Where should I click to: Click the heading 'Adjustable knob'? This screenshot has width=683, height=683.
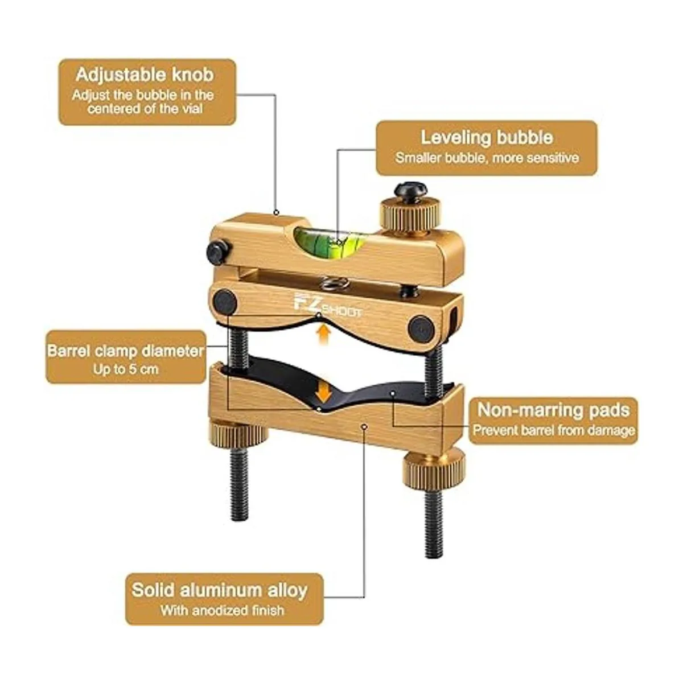145,75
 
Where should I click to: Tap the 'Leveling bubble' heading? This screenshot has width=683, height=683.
487,137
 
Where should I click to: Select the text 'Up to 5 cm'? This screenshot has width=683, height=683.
125,369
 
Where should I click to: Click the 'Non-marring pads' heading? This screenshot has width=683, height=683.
553,410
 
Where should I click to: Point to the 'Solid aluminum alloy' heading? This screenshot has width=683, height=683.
219,590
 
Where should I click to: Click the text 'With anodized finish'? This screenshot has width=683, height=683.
222,610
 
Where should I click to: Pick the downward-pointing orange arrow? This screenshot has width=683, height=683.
324,392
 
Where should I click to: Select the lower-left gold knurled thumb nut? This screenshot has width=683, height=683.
238,433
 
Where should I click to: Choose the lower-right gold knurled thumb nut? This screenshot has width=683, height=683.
433,466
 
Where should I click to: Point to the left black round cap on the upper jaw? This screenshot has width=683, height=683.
225,302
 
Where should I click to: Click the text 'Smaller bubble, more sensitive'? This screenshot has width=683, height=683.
487,158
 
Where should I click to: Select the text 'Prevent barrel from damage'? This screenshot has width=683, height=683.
554,430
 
